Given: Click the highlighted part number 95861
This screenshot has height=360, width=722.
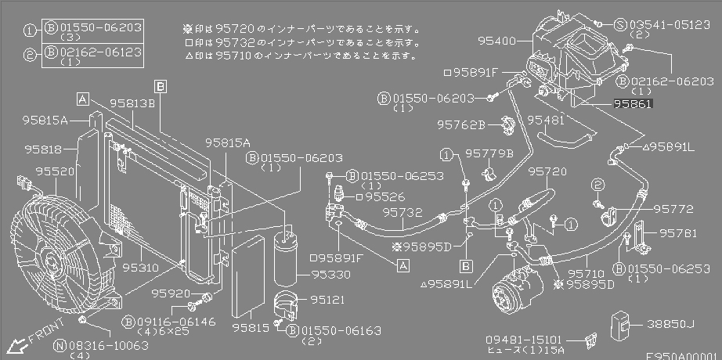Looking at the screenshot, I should point(633,103).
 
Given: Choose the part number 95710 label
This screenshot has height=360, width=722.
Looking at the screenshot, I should point(587,274).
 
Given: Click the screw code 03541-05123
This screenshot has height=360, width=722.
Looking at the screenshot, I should point(677,24).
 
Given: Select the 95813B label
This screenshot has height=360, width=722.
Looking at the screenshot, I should point(132,102).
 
